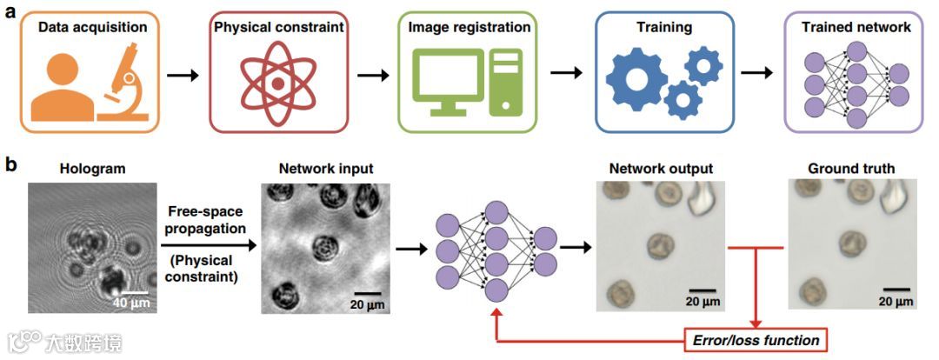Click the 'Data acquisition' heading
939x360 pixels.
[93, 28]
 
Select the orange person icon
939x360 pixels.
[60, 87]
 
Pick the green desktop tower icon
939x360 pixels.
[505, 83]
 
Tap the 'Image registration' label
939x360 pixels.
[469, 28]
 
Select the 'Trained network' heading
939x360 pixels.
[857, 28]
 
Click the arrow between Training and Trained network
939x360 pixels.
[757, 71]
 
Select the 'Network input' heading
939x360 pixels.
[326, 168]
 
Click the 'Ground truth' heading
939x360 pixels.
[850, 168]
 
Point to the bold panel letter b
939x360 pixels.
[11, 163]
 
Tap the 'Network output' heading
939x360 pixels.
[661, 168]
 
